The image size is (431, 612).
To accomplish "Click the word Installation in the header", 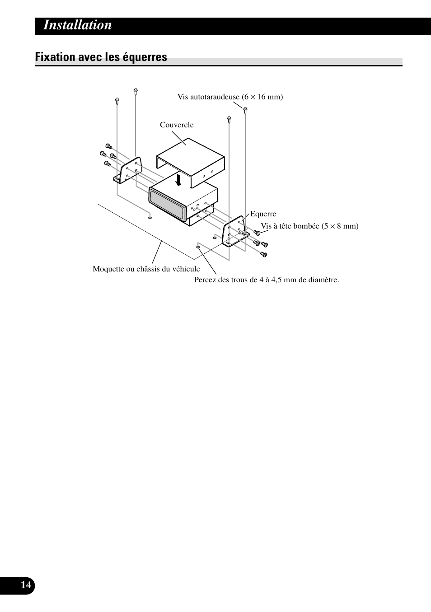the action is pyautogui.click(x=78, y=25).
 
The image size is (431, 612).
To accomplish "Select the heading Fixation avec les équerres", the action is pyautogui.click(x=101, y=57).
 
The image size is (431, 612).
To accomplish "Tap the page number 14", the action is pyautogui.click(x=26, y=585).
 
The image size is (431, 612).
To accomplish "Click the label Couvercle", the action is pyautogui.click(x=177, y=125).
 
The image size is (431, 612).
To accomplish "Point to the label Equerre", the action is pyautogui.click(x=263, y=214).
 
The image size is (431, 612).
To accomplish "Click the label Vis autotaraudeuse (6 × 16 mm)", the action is pyautogui.click(x=230, y=97).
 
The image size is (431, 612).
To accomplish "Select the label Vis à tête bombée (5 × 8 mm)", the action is pyautogui.click(x=309, y=226).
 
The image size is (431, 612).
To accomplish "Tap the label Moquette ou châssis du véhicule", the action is pyautogui.click(x=146, y=269).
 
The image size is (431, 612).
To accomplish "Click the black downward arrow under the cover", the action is pyautogui.click(x=179, y=180).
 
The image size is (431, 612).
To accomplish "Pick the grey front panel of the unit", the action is pyautogui.click(x=167, y=205).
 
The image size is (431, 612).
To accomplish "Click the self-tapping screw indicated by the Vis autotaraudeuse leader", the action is pyautogui.click(x=245, y=110).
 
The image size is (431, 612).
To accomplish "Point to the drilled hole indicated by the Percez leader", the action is pyautogui.click(x=198, y=247).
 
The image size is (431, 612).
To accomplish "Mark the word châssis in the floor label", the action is pyautogui.click(x=152, y=269).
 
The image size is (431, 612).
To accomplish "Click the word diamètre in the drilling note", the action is pyautogui.click(x=323, y=280).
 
